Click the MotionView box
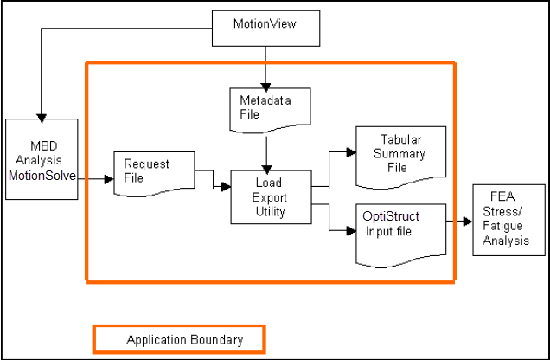(265, 24)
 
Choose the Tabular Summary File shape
(400, 153)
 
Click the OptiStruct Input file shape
(400, 231)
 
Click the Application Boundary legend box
(179, 339)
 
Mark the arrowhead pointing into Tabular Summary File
(351, 152)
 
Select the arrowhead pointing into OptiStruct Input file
(351, 231)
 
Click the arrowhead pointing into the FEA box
(469, 221)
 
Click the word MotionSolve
(42, 176)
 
